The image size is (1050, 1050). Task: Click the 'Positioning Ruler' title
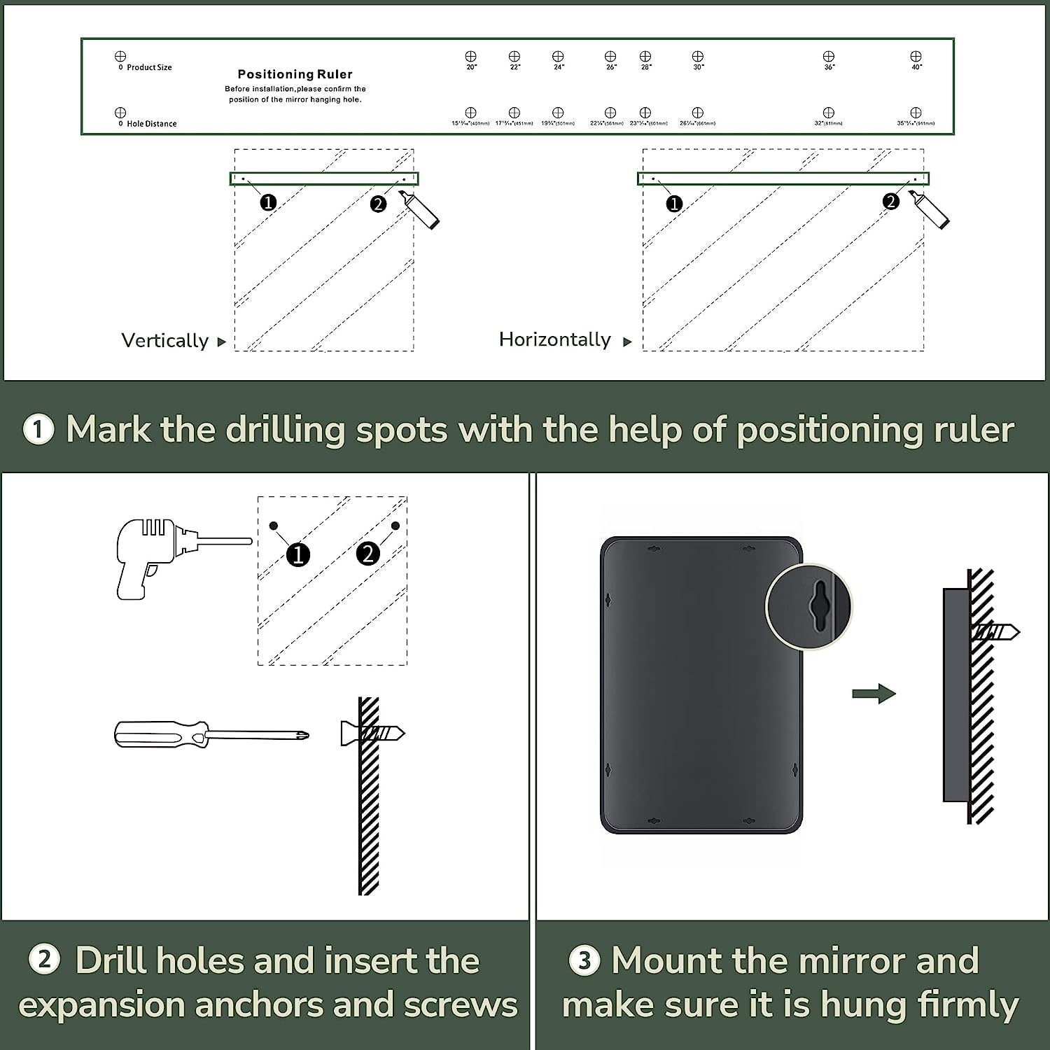(295, 74)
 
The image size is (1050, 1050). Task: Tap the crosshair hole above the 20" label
(470, 56)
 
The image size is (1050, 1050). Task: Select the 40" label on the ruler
(916, 67)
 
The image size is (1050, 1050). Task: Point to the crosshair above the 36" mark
(829, 56)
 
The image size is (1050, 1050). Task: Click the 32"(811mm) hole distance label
(829, 123)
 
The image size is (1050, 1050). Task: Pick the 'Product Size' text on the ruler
(149, 67)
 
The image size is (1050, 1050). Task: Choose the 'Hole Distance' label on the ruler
(151, 124)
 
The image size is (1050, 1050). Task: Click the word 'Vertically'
(165, 340)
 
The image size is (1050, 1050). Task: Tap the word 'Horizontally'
(555, 339)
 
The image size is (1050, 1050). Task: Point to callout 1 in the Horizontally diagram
(674, 204)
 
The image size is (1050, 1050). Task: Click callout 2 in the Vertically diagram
(378, 204)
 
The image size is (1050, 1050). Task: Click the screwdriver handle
(160, 734)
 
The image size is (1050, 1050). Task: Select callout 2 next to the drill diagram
(368, 554)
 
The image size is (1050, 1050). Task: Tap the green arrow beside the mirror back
(874, 694)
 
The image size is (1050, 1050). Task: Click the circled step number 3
(584, 960)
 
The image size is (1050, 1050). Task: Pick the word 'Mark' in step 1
(108, 429)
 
